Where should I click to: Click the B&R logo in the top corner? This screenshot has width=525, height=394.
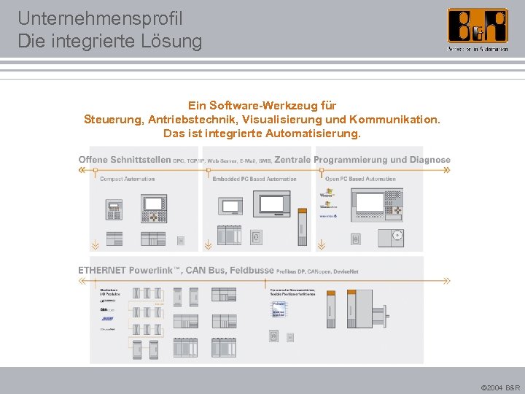pos(478,28)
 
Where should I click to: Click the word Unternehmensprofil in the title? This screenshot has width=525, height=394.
pos(100,18)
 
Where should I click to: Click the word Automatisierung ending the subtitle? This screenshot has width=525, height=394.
pos(314,134)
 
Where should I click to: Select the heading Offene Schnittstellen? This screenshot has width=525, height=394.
pos(125,160)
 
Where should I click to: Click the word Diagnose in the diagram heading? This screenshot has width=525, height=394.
pos(430,160)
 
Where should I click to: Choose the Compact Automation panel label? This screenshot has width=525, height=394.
pos(127,179)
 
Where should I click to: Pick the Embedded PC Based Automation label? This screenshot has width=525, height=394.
pos(254,179)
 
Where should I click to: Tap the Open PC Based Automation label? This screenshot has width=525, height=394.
pos(360,179)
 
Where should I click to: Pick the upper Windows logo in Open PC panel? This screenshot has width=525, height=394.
pos(326,195)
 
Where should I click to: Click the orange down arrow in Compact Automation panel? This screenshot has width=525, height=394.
pos(94,244)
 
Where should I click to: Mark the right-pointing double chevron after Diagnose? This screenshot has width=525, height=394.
pos(446,170)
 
